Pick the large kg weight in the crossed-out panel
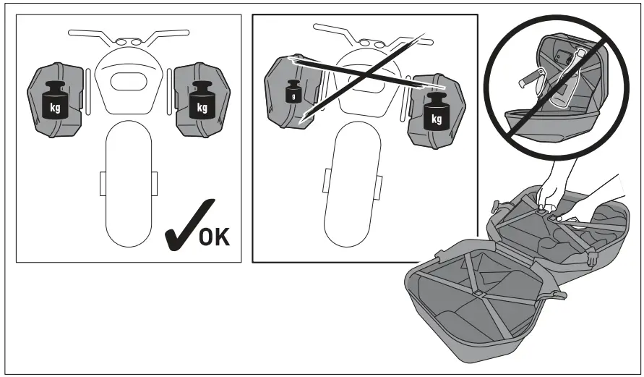(x=437, y=112)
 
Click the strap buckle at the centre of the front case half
(x=478, y=293)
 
